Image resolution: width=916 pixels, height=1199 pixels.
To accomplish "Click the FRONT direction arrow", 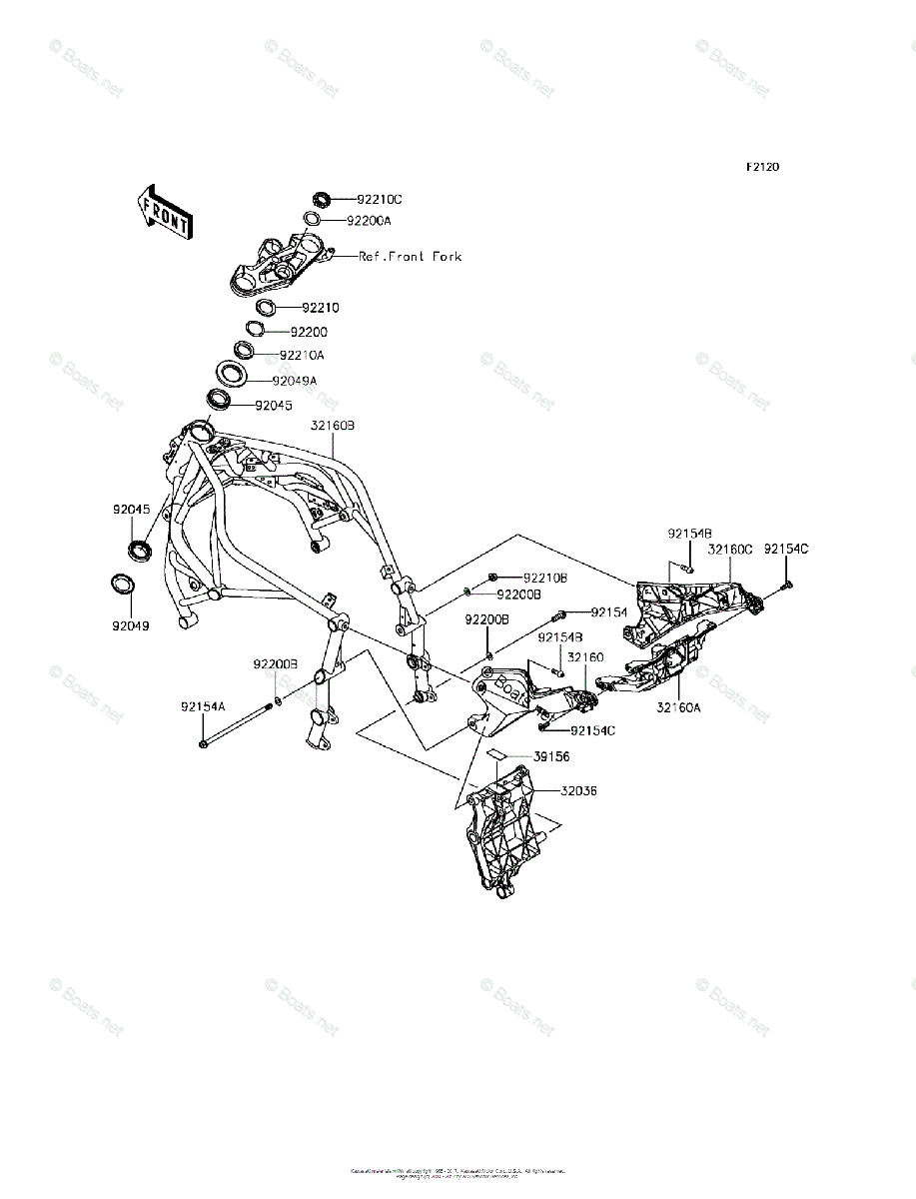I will [x=163, y=211].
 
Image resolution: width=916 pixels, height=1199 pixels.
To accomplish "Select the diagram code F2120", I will [x=762, y=167].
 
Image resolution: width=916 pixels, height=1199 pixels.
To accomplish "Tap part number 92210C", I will [x=380, y=200].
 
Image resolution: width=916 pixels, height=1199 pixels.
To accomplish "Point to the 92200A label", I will [x=370, y=220].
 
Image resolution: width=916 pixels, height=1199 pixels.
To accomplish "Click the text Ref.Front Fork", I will [x=411, y=257].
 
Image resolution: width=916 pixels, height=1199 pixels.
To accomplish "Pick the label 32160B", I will [x=333, y=426].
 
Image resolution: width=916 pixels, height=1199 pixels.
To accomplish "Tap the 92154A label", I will [x=203, y=705].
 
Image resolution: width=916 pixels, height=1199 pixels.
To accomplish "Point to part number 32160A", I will [x=678, y=706].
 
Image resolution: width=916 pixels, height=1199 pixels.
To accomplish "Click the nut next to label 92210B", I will [x=494, y=578].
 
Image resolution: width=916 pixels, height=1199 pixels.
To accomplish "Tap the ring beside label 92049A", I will [x=230, y=378].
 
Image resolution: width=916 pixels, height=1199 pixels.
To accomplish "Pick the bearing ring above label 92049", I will [x=138, y=549].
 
